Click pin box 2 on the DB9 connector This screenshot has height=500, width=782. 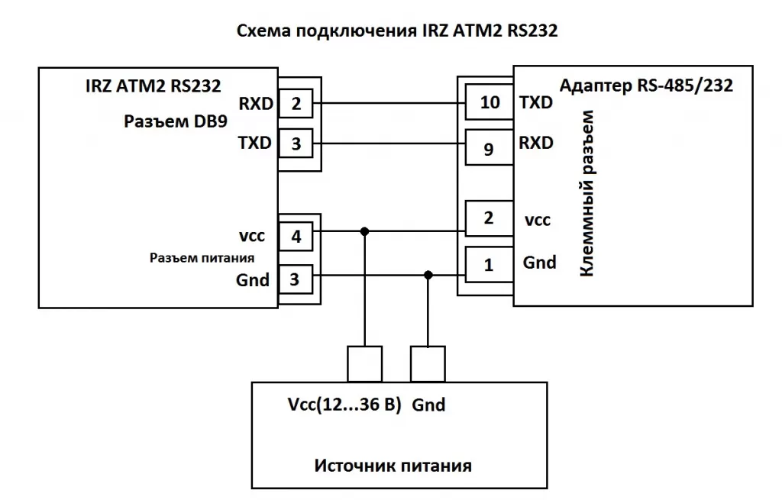coord(296,104)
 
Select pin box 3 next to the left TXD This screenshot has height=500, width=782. coord(296,143)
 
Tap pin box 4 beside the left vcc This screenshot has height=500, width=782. coord(296,236)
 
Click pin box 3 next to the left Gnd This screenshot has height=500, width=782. coord(296,279)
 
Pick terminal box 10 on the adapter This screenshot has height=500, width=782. coord(490,102)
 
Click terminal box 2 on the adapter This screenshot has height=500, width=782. coord(490,218)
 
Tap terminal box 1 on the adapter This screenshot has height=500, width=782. coord(490,266)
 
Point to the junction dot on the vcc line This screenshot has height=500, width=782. coord(365,231)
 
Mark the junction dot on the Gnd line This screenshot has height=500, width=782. coord(428,275)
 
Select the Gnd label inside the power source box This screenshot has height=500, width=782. coord(428,405)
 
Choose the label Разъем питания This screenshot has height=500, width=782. coord(202,258)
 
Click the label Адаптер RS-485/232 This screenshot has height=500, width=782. coord(646,85)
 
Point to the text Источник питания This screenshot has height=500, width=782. coord(393,465)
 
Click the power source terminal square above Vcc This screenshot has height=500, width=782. coord(364,363)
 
